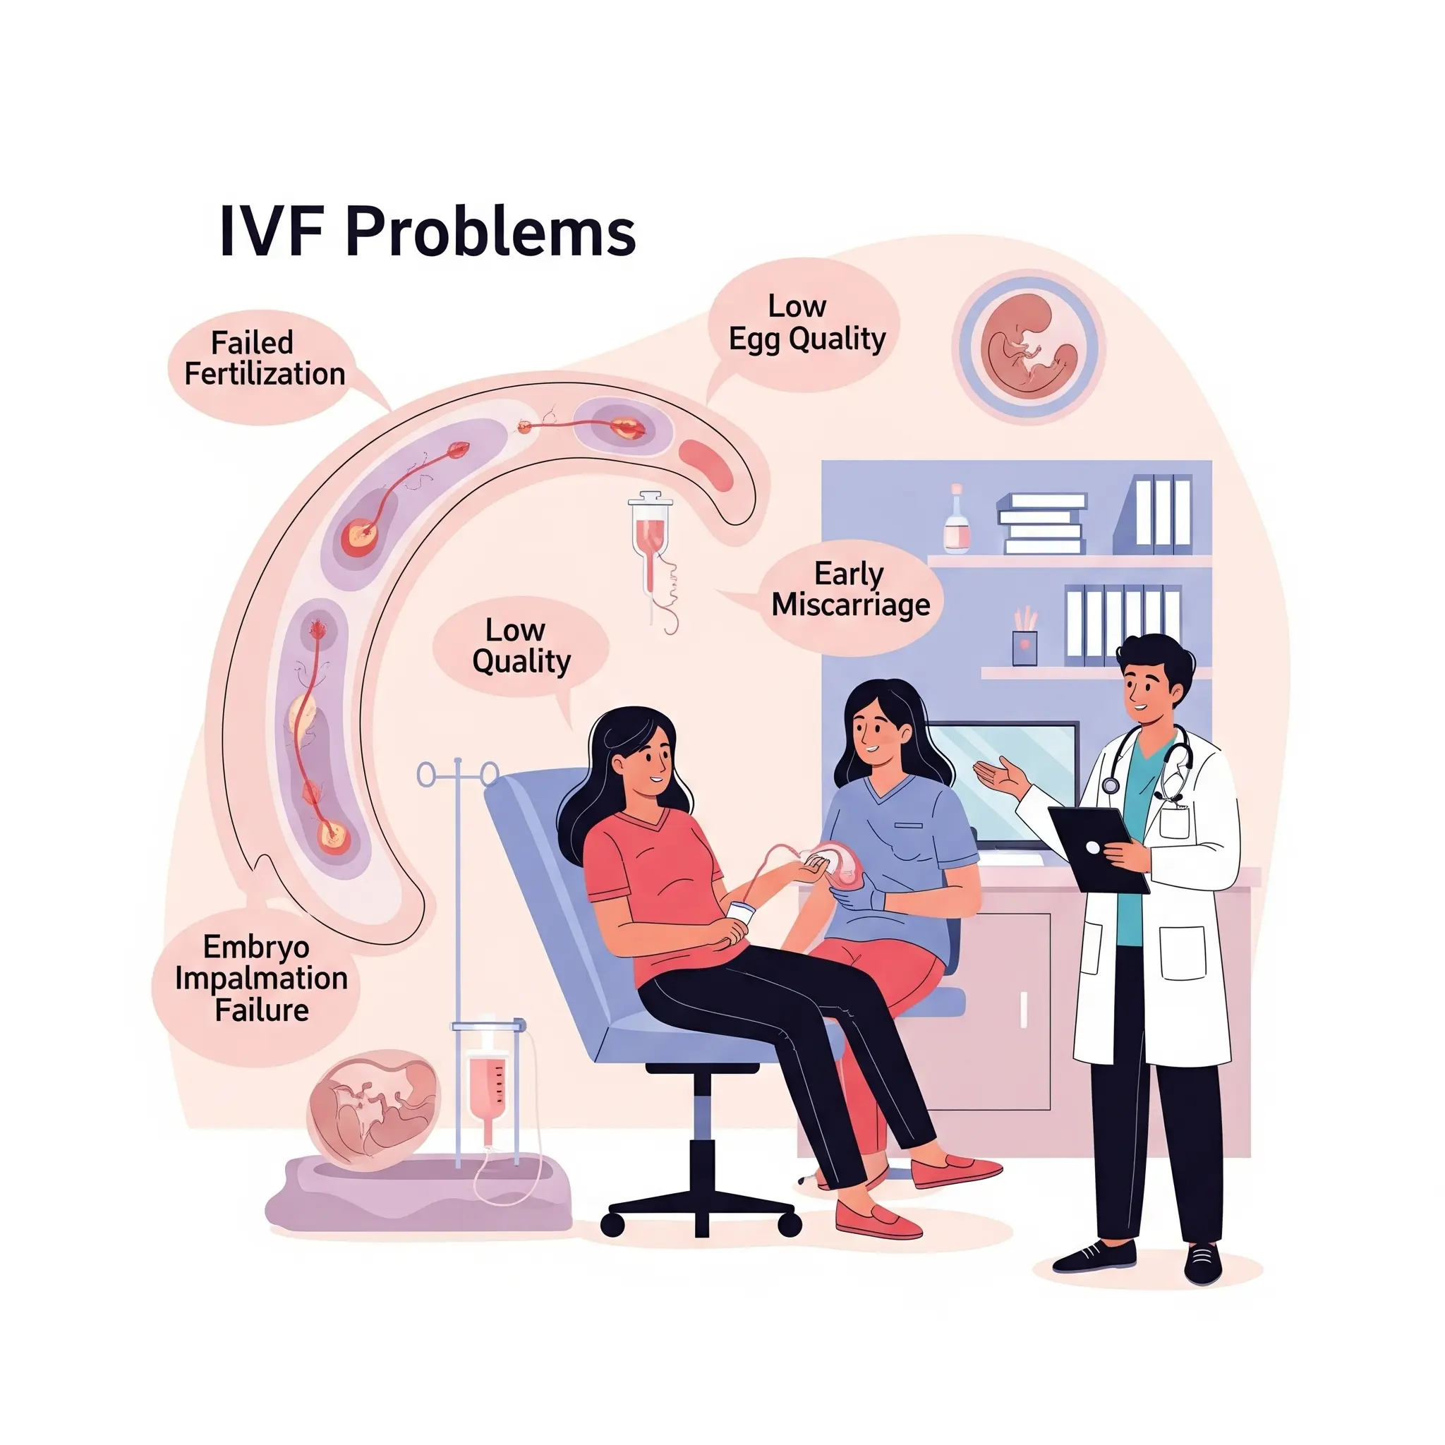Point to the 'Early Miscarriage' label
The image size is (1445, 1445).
pos(850,590)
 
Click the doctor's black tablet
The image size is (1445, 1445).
pos(1097,849)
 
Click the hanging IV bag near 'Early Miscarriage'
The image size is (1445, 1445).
pos(650,535)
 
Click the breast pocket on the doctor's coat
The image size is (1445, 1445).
pos(1174,819)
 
